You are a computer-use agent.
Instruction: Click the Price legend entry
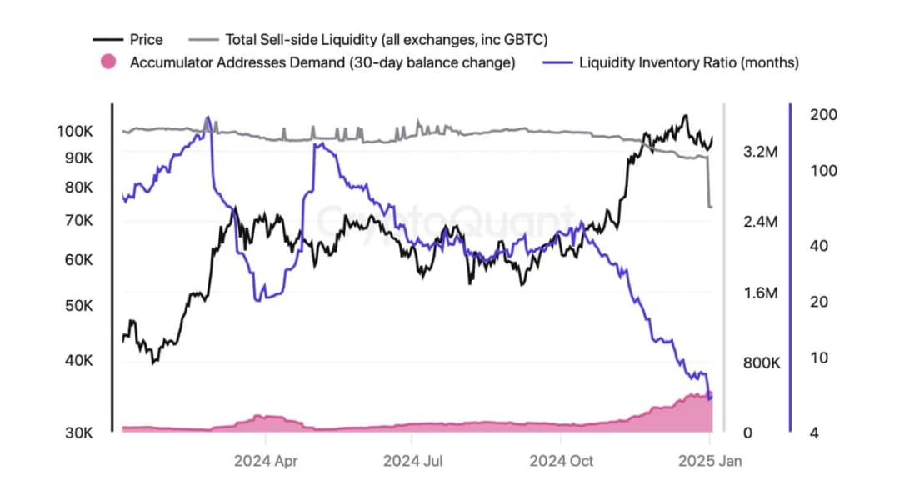tap(147, 39)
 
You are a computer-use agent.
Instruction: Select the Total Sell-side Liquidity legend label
tap(386, 39)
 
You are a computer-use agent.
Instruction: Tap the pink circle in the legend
tap(107, 62)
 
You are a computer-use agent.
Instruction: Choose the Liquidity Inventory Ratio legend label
tap(688, 62)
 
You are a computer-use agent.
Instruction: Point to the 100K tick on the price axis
tap(75, 131)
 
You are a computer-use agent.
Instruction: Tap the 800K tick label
tap(761, 362)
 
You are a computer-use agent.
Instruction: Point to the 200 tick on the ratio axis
tap(823, 114)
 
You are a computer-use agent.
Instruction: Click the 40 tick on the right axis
tap(819, 246)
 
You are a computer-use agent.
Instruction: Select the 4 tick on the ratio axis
tap(814, 432)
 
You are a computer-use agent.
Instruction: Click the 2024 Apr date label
tap(266, 460)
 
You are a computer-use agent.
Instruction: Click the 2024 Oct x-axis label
tap(561, 460)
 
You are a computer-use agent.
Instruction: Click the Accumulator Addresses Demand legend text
tap(322, 62)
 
